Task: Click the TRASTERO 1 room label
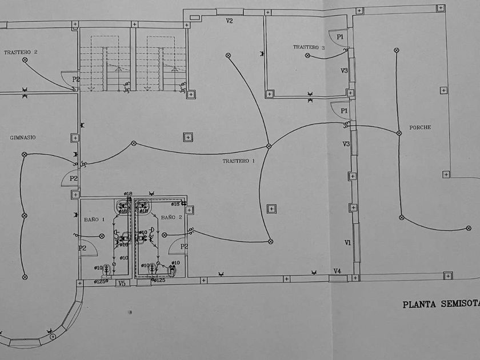pos(239,162)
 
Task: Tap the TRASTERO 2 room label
pos(21,52)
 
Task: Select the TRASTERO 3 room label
pos(309,47)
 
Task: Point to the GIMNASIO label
pos(23,138)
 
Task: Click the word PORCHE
pos(420,127)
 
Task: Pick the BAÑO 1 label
pos(95,219)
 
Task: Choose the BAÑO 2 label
pos(171,218)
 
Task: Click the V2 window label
pos(229,21)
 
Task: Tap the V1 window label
pos(347,243)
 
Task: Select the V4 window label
pos(338,271)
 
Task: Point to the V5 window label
pos(121,283)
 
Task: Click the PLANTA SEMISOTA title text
pos(441,305)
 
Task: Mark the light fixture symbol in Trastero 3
pos(307,55)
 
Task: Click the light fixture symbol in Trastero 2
pos(24,58)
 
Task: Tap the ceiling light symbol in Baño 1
pos(102,235)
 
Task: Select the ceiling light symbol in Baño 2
pos(165,235)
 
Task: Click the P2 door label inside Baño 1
pos(83,248)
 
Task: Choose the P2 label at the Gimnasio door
pos(74,179)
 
